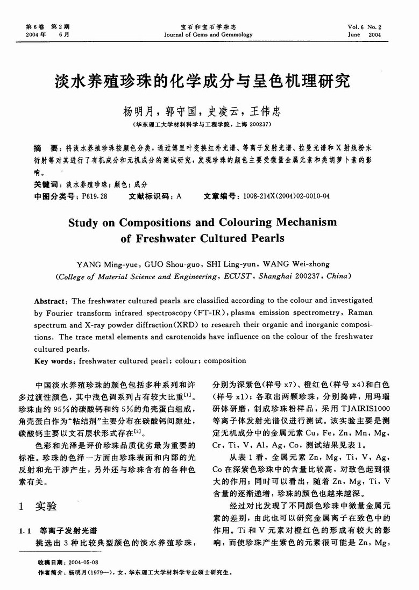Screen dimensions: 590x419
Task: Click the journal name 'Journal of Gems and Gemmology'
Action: [x=209, y=34]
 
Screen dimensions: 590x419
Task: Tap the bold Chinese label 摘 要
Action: [x=45, y=147]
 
